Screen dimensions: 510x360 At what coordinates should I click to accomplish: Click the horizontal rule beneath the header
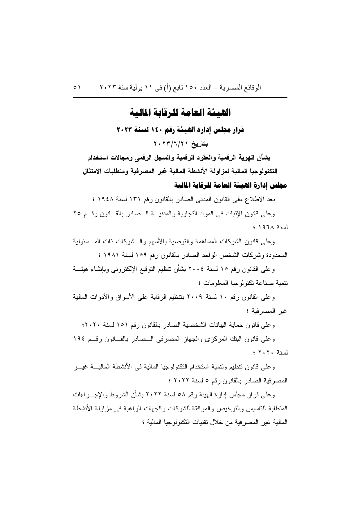[180, 97]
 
